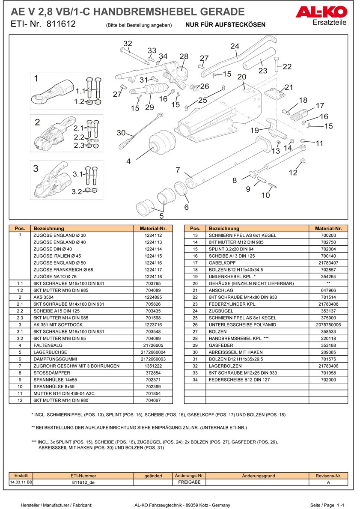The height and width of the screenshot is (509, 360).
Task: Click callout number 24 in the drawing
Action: (x=235, y=46)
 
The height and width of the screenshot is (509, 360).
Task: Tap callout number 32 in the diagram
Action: (x=128, y=43)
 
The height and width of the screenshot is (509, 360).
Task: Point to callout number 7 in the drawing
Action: (x=178, y=170)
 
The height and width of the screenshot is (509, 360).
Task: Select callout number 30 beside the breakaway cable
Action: (x=121, y=133)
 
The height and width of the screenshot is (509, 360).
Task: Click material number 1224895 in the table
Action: (x=153, y=297)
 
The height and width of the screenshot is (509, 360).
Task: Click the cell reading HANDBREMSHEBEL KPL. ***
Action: (x=232, y=338)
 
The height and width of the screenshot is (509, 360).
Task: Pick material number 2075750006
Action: (x=328, y=324)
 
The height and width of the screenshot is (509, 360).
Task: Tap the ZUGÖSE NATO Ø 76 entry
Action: (x=55, y=277)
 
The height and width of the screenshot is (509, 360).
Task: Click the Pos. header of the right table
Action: (x=195, y=229)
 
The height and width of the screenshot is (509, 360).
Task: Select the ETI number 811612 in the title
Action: (x=60, y=24)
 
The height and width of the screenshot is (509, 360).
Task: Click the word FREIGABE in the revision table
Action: (x=189, y=482)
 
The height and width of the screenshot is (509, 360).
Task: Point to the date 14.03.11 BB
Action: (x=21, y=482)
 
